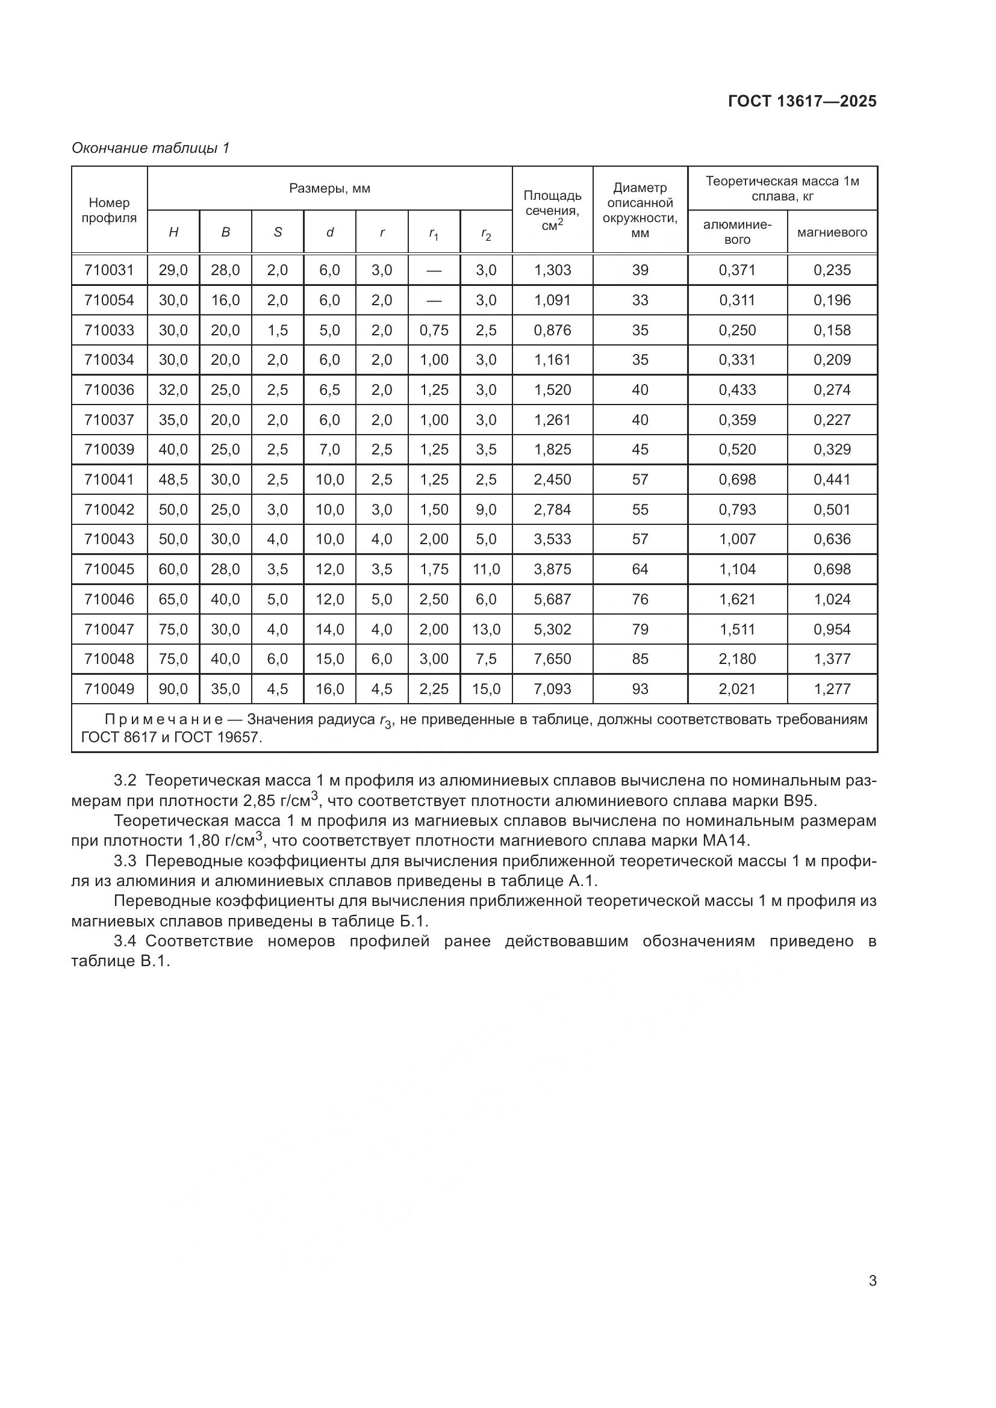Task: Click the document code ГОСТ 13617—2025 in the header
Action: click(x=802, y=101)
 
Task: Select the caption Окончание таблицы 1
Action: click(x=151, y=148)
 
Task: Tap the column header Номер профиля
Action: click(x=109, y=209)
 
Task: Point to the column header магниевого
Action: click(x=832, y=232)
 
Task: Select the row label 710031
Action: click(x=109, y=270)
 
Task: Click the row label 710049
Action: click(x=109, y=689)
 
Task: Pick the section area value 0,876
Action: click(x=552, y=330)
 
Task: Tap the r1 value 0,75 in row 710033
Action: click(x=434, y=330)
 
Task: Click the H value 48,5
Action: click(x=173, y=480)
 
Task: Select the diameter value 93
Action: click(x=640, y=689)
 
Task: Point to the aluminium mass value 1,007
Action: click(x=737, y=539)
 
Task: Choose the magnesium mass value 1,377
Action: click(x=832, y=659)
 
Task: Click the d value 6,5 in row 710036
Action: click(x=329, y=390)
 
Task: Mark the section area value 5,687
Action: click(x=552, y=599)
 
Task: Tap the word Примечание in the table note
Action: click(x=163, y=719)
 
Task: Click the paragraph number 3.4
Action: click(x=125, y=941)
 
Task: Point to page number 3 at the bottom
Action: click(x=872, y=1281)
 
